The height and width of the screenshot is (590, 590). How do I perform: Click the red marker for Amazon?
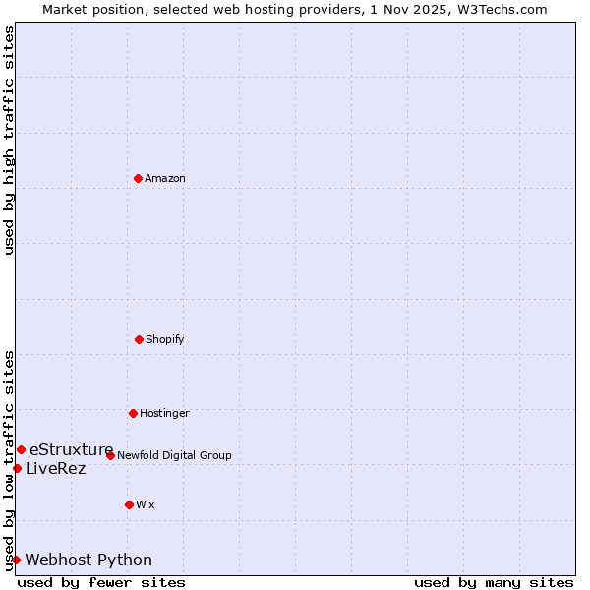click(x=138, y=178)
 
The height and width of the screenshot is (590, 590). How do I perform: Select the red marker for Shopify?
click(x=139, y=339)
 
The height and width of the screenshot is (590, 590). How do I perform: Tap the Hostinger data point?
click(x=133, y=413)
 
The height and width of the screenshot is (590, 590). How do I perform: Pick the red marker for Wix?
click(x=129, y=504)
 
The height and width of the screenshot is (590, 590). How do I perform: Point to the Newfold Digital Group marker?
click(x=110, y=455)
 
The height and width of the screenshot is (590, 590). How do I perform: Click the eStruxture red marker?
click(x=21, y=449)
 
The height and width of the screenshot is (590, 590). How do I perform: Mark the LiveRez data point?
click(x=17, y=468)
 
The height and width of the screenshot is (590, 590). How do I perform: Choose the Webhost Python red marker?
click(x=16, y=560)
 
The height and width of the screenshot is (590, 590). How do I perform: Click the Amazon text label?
click(x=165, y=178)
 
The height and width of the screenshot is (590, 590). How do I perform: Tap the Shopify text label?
click(x=165, y=339)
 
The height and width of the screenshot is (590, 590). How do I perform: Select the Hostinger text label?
click(x=164, y=413)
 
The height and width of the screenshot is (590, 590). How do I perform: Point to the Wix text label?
click(x=146, y=504)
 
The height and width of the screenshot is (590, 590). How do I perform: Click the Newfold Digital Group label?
click(x=174, y=455)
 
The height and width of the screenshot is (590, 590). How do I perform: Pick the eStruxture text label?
click(x=72, y=449)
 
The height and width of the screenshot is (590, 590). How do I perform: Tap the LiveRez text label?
click(x=56, y=468)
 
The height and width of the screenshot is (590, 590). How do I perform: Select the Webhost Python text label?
click(x=88, y=560)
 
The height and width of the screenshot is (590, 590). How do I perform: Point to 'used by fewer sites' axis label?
click(x=101, y=582)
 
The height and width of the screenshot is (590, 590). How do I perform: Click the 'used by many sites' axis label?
click(x=494, y=582)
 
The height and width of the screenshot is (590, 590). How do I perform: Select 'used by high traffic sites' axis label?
click(x=10, y=140)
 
